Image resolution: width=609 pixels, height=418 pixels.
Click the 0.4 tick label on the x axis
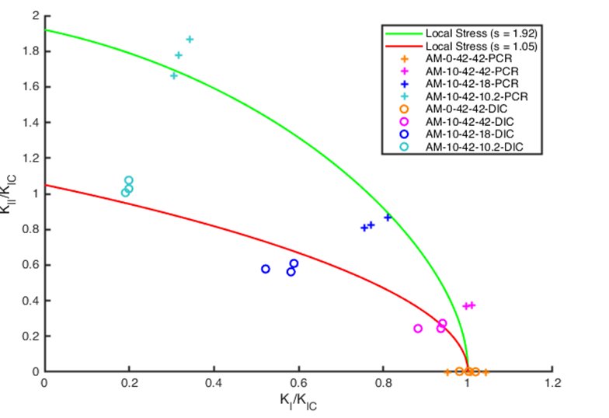pos(214,384)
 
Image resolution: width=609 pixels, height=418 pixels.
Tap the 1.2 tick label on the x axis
pos(552,384)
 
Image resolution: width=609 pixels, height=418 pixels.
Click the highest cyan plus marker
pos(190,39)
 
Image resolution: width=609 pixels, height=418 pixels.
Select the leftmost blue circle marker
pos(266,269)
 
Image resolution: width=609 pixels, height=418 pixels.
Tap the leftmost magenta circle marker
pos(418,329)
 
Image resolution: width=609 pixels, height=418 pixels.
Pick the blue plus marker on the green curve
pos(388,218)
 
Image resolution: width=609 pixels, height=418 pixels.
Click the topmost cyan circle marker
pos(129,180)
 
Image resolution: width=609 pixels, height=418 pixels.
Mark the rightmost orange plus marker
pos(485,372)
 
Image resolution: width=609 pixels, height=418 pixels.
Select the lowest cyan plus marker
pos(174,75)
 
